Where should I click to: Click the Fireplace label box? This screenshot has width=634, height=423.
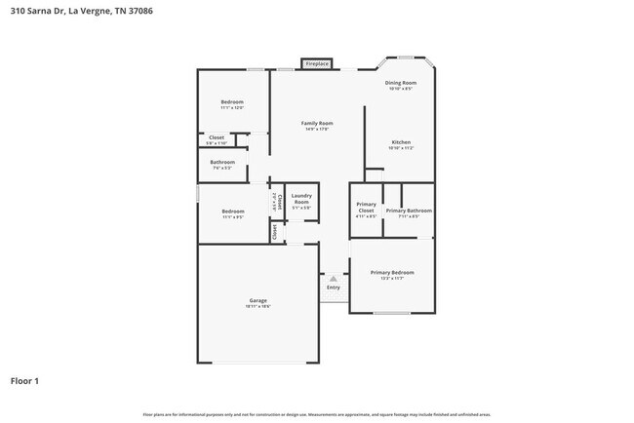point(317,63)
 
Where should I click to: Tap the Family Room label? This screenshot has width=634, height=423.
point(317,124)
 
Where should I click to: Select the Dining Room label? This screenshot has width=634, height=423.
point(400,83)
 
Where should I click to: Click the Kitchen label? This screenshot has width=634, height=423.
point(401,142)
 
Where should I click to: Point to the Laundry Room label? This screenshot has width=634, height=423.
point(301,198)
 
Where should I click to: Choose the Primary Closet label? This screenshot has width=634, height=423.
point(366,211)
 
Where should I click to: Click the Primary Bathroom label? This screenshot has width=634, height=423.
point(409,211)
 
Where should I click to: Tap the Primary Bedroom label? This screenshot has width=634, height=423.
point(392,273)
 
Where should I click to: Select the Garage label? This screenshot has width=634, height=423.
point(258,300)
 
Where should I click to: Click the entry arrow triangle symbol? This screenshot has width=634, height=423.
point(333,278)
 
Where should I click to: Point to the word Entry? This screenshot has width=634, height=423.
point(334,288)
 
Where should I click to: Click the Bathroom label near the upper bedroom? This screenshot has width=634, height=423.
point(222,162)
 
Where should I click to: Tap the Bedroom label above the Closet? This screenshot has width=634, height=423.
point(231,102)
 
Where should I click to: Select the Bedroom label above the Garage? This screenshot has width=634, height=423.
point(232,211)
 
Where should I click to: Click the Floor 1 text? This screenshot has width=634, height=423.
point(24,380)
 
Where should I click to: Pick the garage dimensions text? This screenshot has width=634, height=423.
point(258,306)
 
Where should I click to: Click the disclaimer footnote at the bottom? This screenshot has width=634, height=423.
point(317,414)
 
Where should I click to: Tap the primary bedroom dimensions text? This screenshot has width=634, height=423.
point(392,279)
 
